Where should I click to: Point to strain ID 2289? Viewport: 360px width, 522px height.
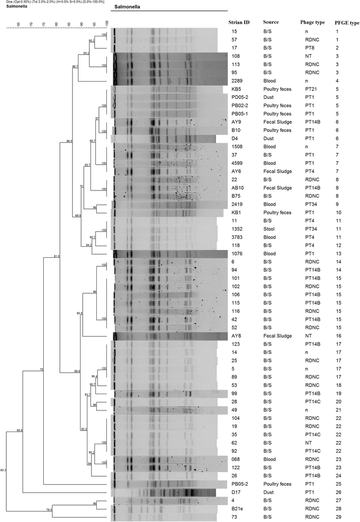coord(237,81)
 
